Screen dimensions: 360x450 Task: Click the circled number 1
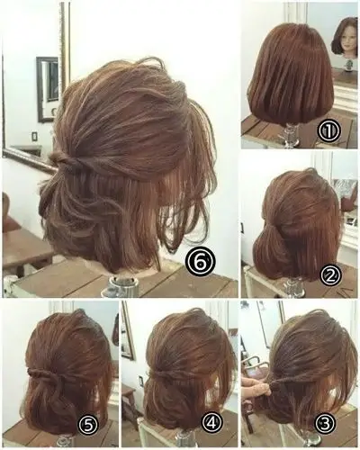click(329, 131)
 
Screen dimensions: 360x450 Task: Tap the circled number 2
click(330, 275)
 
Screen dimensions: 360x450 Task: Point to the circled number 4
click(211, 423)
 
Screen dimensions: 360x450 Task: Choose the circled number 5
click(88, 424)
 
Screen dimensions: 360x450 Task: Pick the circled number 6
click(201, 262)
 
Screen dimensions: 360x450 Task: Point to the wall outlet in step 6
click(35, 137)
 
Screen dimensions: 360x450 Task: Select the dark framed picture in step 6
click(48, 89)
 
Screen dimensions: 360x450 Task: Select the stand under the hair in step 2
click(292, 287)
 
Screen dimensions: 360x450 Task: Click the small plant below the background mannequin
click(348, 65)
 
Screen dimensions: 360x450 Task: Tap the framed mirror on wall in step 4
click(127, 331)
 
